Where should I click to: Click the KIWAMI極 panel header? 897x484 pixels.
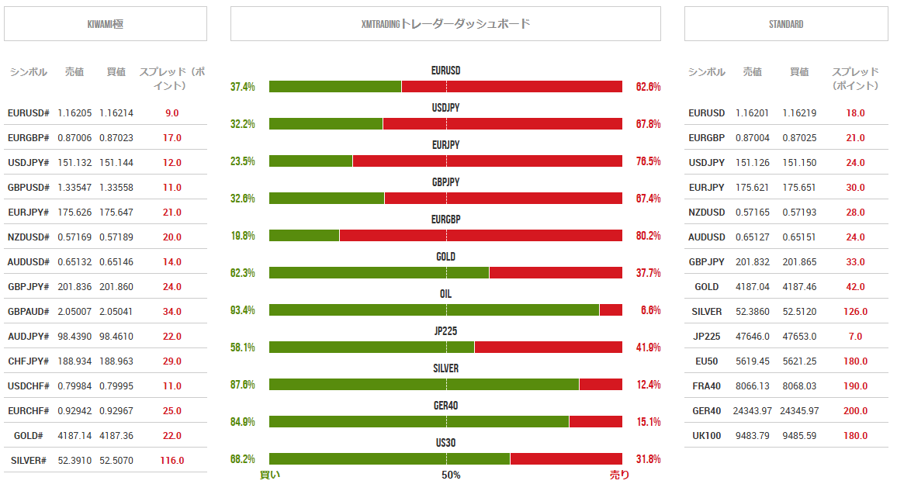(x=106, y=24)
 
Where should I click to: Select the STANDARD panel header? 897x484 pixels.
(x=785, y=24)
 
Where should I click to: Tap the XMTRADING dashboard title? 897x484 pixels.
(x=445, y=24)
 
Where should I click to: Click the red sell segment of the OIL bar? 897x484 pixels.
(x=611, y=310)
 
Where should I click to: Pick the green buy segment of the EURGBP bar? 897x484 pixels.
(x=304, y=236)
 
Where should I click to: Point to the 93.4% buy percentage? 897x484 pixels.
(x=243, y=310)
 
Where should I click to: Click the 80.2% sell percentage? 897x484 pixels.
(x=648, y=236)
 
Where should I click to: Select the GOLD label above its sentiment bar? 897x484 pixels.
(x=445, y=257)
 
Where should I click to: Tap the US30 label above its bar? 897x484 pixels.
(x=445, y=443)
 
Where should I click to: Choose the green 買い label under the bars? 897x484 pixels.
(x=269, y=475)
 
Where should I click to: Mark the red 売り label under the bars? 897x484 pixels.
(x=619, y=475)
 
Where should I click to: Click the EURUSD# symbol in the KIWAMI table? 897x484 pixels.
(x=29, y=113)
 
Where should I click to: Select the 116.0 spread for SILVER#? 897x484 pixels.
(x=171, y=461)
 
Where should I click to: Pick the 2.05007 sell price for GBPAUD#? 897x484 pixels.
(x=74, y=312)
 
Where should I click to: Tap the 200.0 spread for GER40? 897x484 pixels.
(x=855, y=411)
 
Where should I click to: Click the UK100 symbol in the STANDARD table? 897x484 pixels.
(x=706, y=436)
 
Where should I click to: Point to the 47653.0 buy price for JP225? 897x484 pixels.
(x=799, y=337)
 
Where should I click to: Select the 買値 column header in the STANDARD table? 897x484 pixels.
(x=798, y=72)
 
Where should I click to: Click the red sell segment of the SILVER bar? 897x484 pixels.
(x=601, y=385)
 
